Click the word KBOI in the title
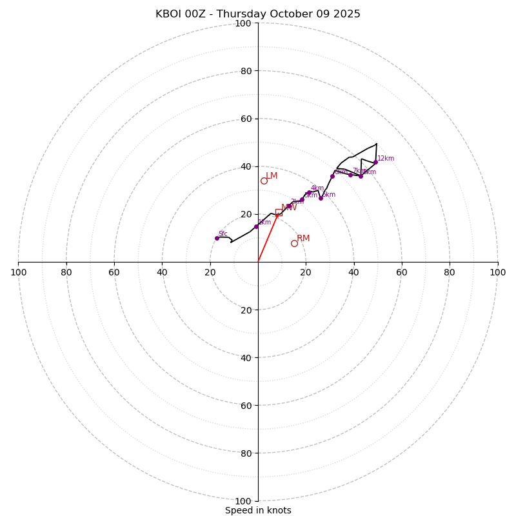170,14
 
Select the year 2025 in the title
347,14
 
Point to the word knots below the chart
277,510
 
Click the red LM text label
272,176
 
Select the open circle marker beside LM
264,181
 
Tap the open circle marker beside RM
294,243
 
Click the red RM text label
303,239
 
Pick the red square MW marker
279,212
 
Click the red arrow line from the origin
267,239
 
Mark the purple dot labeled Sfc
217,238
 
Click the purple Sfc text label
223,234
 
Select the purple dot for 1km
256,226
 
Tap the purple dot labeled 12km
375,162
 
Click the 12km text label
386,159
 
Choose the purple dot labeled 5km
321,198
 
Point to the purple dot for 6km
332,176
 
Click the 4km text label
317,188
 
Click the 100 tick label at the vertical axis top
243,23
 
